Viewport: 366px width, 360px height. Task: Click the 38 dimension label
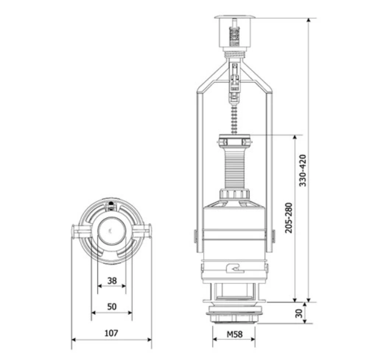coord(112,280)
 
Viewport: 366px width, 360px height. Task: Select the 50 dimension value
coord(112,306)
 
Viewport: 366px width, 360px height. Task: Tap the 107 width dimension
coord(111,333)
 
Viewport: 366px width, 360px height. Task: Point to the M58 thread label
coord(235,334)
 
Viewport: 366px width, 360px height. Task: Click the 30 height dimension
coord(299,313)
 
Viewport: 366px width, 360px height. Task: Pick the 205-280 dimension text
coord(289,217)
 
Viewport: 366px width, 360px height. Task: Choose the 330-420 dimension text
coord(303,170)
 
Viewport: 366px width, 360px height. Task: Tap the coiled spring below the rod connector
coord(234,120)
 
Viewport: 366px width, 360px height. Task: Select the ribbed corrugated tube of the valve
coord(235,169)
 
